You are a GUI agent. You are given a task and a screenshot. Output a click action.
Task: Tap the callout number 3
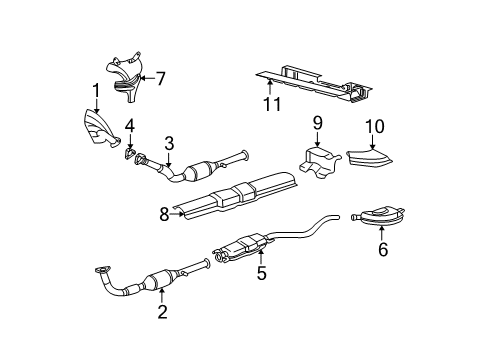tap(170, 143)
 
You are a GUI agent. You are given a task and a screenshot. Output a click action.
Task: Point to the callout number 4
tap(129, 126)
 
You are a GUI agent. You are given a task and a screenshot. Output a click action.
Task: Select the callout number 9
tap(317, 125)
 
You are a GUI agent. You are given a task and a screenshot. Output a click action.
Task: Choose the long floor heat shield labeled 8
tap(235, 195)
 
